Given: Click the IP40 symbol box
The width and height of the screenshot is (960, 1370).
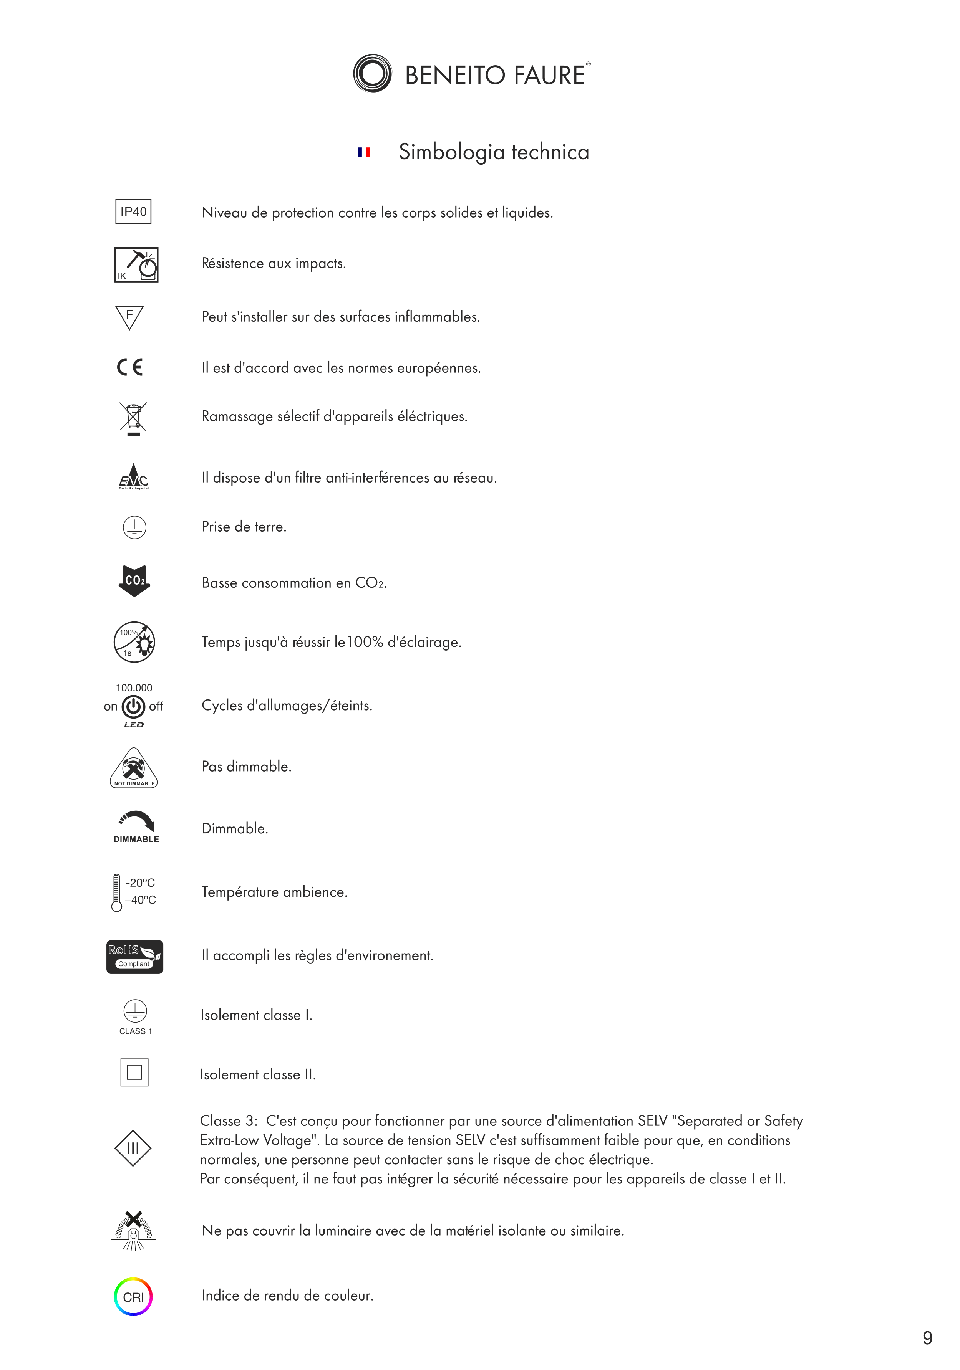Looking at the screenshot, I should pos(133,211).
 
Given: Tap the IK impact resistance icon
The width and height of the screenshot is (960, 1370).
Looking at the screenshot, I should pos(136,264).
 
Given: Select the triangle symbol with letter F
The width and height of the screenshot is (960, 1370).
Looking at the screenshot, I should pos(129,317).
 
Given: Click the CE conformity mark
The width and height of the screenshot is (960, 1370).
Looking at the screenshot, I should pos(129,366).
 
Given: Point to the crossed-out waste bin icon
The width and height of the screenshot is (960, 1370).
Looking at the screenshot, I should pos(133,418).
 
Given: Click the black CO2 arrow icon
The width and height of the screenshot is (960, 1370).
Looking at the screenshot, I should pos(134,580).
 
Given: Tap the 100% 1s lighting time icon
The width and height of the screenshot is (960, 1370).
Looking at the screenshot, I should pos(134,642).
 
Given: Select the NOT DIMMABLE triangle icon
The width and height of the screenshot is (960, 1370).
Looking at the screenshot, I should pos(134,768).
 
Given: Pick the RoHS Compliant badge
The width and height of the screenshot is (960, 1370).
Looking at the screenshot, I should pos(134,957).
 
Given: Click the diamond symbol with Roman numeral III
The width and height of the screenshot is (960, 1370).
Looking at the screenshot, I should pos(133,1148).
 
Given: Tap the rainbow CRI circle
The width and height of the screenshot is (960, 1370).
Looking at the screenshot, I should pos(133,1297).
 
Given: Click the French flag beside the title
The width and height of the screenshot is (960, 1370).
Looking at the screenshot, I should pos(363,152).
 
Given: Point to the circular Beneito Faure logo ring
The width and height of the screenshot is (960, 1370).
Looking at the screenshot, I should pos(372,73).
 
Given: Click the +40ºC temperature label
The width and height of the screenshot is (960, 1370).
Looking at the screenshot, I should pos(140,900).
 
